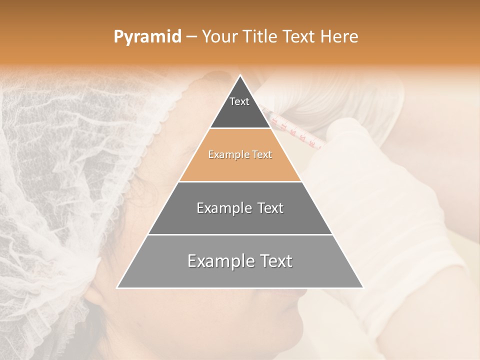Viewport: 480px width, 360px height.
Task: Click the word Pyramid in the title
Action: (x=147, y=37)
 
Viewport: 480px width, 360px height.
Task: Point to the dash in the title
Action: (x=191, y=37)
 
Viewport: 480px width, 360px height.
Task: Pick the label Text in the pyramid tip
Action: (x=239, y=101)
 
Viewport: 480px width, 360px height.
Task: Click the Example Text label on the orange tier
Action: (x=240, y=154)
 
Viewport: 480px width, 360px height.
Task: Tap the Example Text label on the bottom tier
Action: (x=240, y=261)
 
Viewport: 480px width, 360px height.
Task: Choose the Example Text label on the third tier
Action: (x=240, y=208)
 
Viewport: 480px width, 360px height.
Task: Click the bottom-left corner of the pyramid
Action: (x=117, y=288)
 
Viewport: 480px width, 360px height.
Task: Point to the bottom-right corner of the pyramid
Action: (x=363, y=288)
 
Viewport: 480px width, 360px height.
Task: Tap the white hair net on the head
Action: (x=75, y=165)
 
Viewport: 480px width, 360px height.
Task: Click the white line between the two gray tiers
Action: (x=240, y=234)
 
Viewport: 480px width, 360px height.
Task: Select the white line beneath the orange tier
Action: (x=240, y=181)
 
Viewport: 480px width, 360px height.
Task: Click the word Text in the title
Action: (x=298, y=37)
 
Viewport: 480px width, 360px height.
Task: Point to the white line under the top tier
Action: (x=240, y=128)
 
